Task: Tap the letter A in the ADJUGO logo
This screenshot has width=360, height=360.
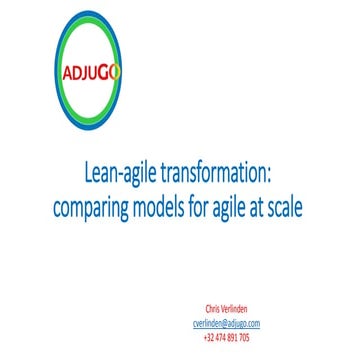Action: [x=66, y=73]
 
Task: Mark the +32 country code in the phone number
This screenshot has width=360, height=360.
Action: [x=208, y=338]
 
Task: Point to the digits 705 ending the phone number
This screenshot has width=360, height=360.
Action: [x=244, y=338]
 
